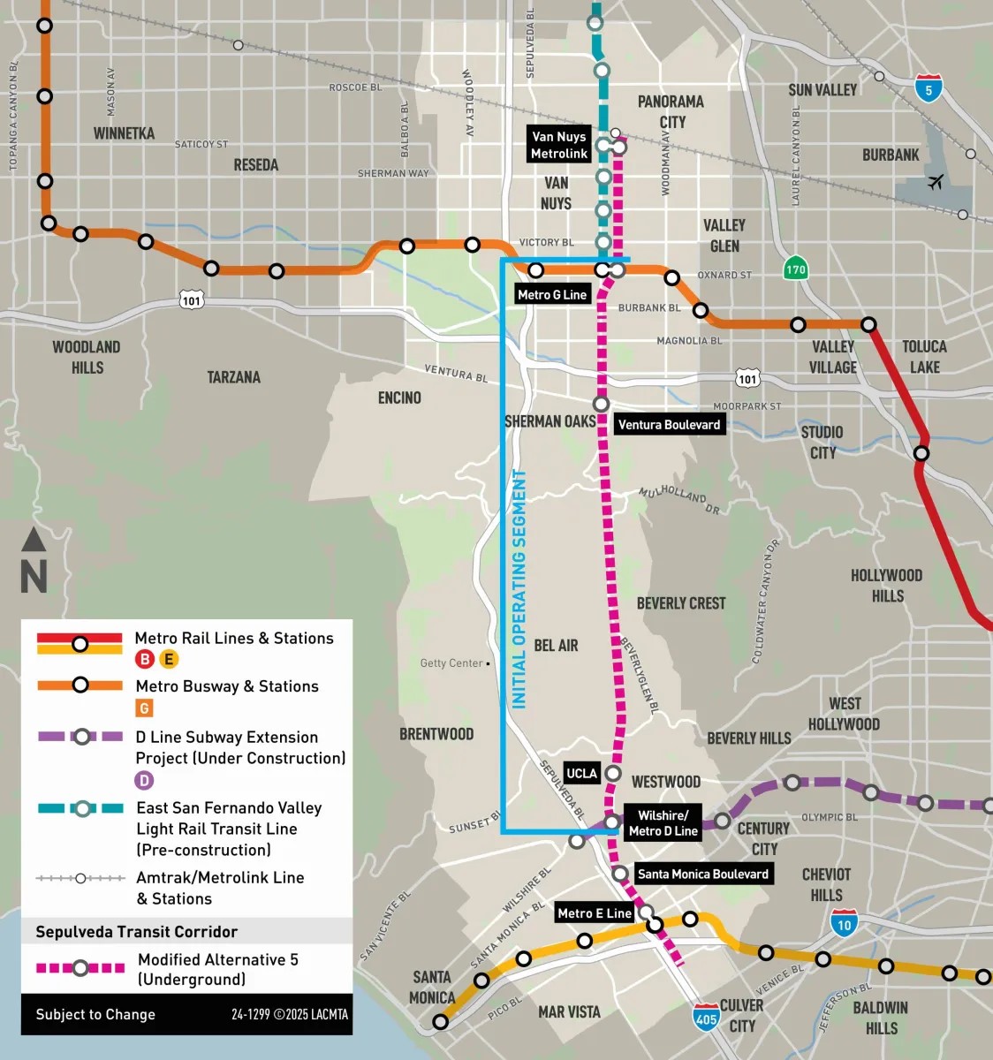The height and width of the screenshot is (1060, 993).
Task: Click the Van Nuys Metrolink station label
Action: [x=558, y=145]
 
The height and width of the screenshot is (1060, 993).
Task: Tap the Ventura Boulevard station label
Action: [x=669, y=425]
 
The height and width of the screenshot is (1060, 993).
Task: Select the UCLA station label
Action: [x=581, y=774]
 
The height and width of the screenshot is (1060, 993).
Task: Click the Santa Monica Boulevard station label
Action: [x=702, y=874]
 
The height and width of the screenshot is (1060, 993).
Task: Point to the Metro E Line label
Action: [x=594, y=913]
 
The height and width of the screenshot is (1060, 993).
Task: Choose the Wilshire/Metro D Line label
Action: [x=663, y=823]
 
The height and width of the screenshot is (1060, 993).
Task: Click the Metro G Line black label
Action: [x=552, y=295]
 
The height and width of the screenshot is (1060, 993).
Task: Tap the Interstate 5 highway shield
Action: [x=928, y=88]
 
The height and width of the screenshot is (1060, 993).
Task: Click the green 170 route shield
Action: [x=796, y=269]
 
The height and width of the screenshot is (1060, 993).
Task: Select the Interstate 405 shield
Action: [x=706, y=1017]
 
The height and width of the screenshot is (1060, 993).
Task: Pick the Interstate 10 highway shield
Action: [x=844, y=923]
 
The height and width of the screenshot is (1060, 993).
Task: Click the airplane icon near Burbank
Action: [x=936, y=182]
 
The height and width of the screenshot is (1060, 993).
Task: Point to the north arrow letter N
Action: [x=34, y=577]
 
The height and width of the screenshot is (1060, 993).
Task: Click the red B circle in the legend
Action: [x=145, y=659]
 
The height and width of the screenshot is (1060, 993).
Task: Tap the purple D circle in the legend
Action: [x=144, y=780]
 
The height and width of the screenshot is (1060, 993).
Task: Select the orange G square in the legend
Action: [x=144, y=708]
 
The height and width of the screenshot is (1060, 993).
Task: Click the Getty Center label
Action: [x=451, y=663]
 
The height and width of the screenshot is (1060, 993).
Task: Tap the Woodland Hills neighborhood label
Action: [x=87, y=357]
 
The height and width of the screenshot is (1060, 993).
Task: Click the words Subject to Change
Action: [x=95, y=1015]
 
